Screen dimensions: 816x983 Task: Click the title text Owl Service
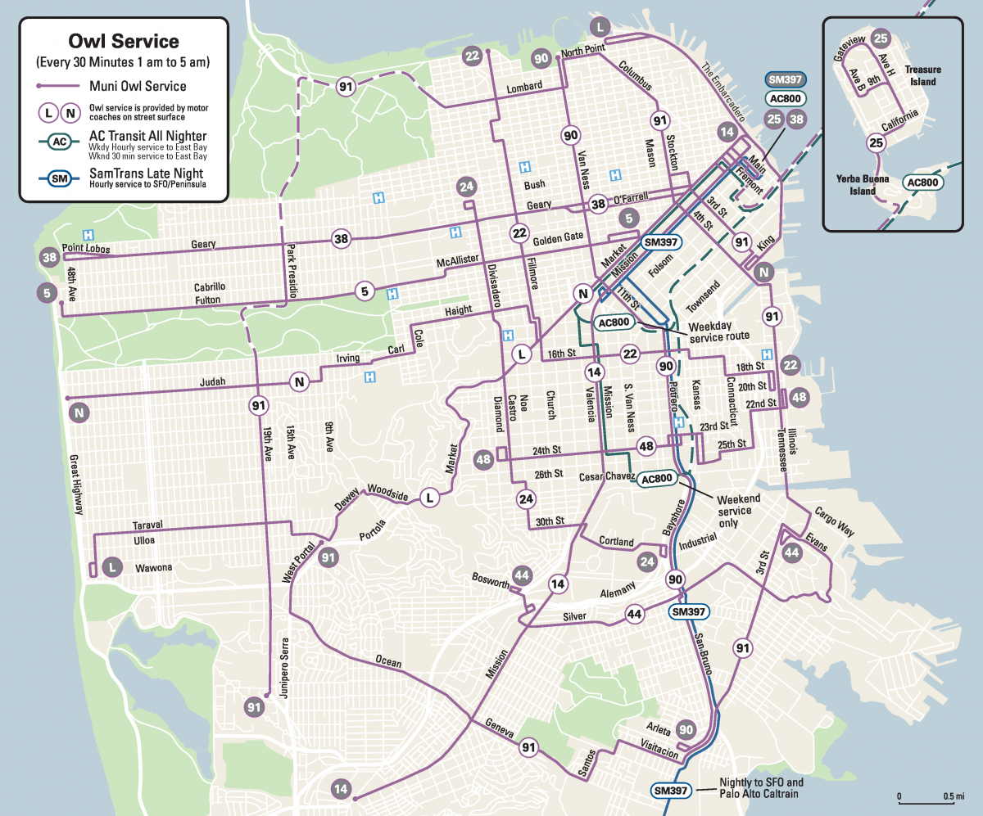[x=125, y=41]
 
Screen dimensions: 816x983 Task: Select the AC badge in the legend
[x=58, y=142]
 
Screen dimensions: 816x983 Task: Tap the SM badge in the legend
[x=58, y=178]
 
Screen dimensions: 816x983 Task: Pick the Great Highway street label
[x=76, y=484]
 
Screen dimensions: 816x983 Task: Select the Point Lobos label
[x=85, y=248]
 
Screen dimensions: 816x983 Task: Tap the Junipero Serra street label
[x=286, y=668]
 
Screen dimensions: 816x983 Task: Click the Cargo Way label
[x=834, y=521]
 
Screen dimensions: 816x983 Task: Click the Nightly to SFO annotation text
[x=761, y=788]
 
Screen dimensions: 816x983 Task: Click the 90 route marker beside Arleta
[x=686, y=730]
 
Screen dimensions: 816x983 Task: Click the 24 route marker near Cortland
[x=647, y=561]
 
